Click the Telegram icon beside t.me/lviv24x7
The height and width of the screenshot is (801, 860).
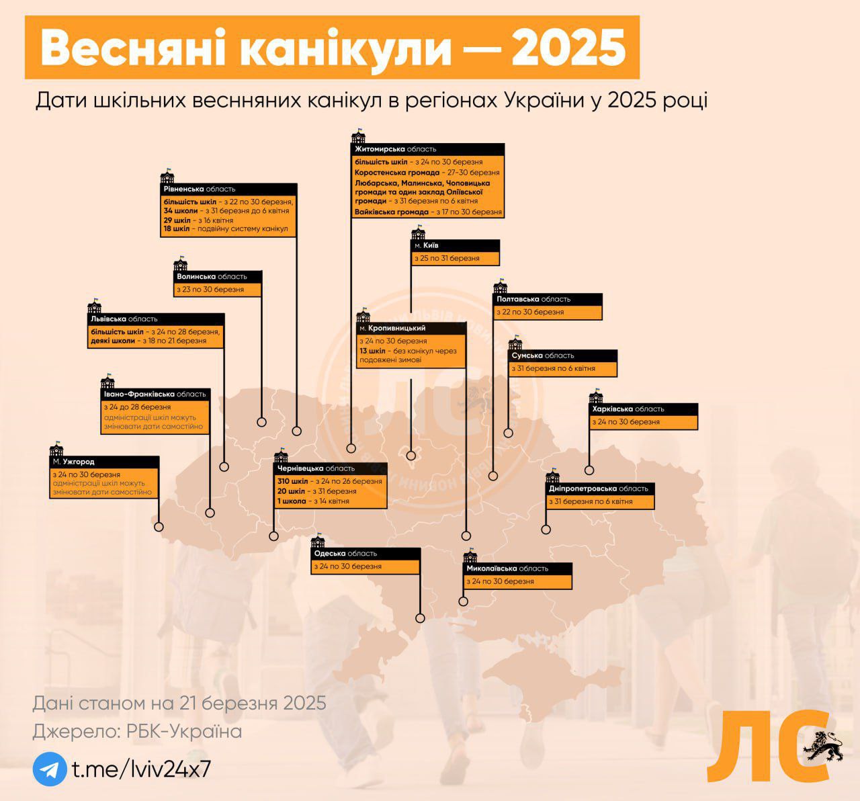coord(50,769)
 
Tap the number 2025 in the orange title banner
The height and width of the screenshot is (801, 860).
coord(568,47)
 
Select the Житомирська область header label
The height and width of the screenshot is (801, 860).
coord(395,149)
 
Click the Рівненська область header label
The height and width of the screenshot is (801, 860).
coord(199,189)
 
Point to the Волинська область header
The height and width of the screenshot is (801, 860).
coord(212,276)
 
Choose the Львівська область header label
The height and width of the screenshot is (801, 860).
coord(124,319)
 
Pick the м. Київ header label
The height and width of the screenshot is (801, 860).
coord(427,245)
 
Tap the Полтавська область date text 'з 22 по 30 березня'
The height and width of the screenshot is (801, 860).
coord(530,312)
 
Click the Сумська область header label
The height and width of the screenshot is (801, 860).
coord(543,355)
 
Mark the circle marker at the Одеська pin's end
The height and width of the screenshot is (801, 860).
coord(420,618)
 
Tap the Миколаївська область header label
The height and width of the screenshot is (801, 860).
coord(507,568)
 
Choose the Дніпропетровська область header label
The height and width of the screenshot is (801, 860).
coord(599,489)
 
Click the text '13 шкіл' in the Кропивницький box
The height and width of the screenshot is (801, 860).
coord(372,351)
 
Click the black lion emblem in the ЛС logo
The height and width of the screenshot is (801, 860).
coord(823,746)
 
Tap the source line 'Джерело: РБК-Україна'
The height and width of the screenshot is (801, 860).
coord(137,732)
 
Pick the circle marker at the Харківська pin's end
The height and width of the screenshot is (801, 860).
coord(589,470)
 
